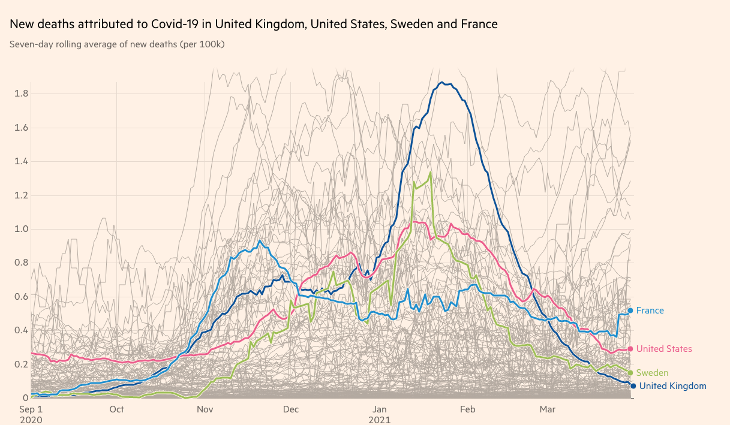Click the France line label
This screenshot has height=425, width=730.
(x=650, y=311)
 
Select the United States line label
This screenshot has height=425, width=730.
(x=663, y=349)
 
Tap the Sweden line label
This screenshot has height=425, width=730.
(x=652, y=373)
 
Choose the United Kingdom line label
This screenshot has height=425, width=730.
(x=672, y=386)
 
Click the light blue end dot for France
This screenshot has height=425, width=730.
(x=630, y=311)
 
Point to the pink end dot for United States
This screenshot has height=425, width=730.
(x=630, y=349)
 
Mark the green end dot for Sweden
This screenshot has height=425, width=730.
(x=630, y=373)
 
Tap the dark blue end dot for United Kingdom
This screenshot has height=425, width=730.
(x=633, y=386)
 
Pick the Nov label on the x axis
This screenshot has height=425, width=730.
(x=205, y=409)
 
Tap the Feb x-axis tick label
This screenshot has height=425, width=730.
(x=467, y=409)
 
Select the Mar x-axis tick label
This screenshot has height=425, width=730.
(x=547, y=409)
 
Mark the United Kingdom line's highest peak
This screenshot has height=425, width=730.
(x=442, y=83)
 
